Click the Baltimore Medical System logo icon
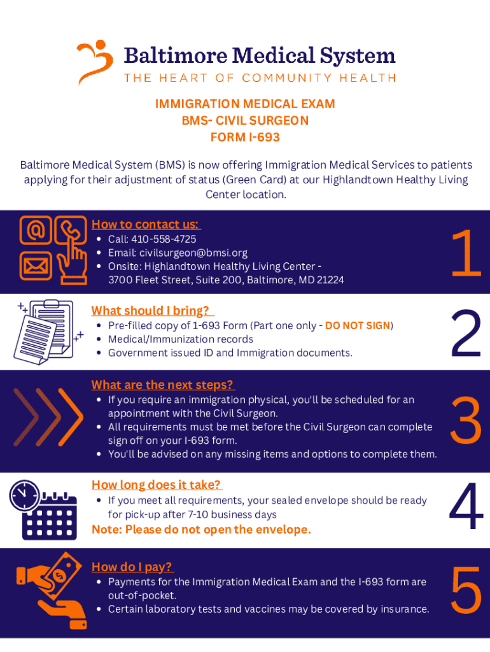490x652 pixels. coord(95,61)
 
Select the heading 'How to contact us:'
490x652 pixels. coord(146,224)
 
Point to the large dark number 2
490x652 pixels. coord(466,334)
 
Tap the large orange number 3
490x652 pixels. coord(466,421)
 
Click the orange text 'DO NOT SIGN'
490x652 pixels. coord(357,325)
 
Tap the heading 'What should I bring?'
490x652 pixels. coord(152,311)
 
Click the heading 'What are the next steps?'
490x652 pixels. coord(163,385)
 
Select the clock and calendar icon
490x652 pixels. coord(43,509)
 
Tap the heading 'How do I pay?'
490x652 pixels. coord(132,567)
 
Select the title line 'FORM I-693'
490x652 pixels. coord(245,137)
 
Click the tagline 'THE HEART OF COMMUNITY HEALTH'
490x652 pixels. coord(260,78)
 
